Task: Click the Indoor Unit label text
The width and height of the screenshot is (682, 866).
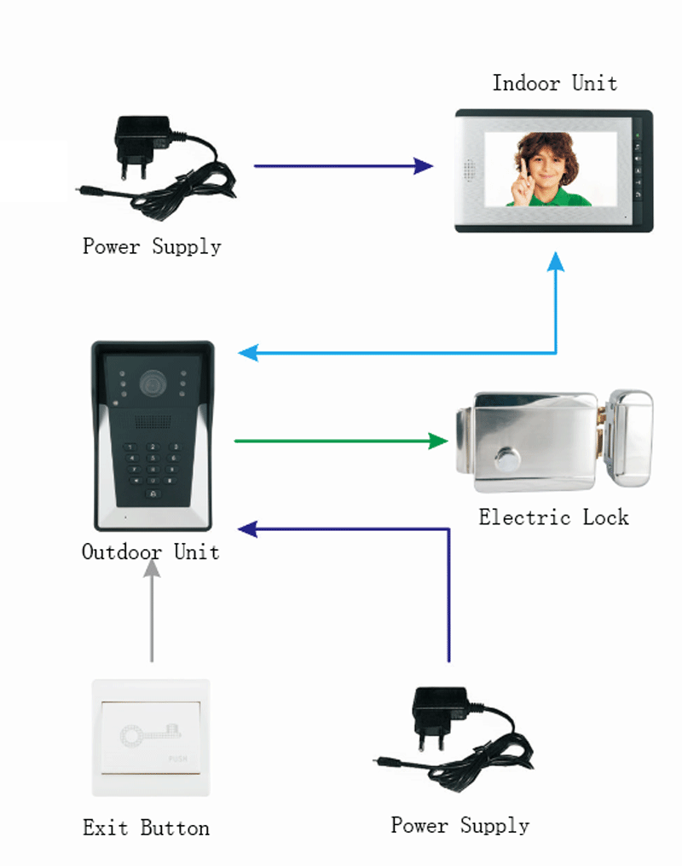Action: coord(554,84)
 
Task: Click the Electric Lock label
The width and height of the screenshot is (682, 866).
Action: coord(553,517)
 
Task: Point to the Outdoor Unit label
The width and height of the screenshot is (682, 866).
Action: coord(150,552)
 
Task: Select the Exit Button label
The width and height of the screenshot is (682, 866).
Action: coord(146,828)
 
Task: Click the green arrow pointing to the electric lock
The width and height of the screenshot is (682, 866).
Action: coord(341,441)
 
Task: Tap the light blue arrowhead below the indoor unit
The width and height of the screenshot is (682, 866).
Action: coord(556,263)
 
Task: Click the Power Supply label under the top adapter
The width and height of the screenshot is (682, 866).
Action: coord(152,247)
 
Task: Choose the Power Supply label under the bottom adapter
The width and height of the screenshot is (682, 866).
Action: coord(459,826)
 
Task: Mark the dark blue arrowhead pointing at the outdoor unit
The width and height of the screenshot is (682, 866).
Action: coord(248,529)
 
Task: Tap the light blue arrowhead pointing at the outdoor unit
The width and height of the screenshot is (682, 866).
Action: coord(248,353)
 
